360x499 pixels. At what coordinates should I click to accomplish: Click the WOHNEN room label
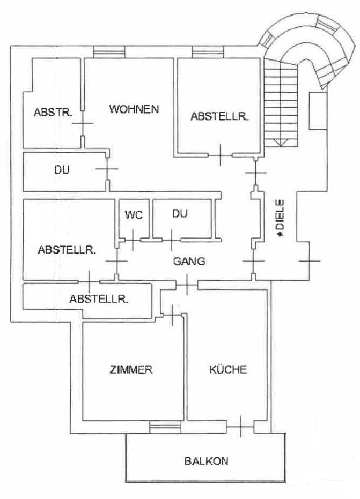134,109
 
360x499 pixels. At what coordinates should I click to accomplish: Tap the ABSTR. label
53,113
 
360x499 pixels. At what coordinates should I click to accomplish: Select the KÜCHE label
228,369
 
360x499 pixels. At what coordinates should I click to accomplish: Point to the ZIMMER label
131,369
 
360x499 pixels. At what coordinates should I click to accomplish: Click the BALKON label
207,461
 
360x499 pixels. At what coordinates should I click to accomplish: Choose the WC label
134,215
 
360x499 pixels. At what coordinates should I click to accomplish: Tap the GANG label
189,261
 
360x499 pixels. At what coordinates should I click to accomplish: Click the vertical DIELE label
280,218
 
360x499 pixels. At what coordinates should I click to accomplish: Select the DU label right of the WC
180,213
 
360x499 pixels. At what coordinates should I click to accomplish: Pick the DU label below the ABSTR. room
62,169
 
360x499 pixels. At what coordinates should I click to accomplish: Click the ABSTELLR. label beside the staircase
219,116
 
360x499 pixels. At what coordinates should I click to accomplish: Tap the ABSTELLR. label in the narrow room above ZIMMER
99,299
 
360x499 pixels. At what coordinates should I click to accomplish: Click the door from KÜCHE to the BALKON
240,426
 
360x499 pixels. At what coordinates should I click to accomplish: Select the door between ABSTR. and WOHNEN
83,123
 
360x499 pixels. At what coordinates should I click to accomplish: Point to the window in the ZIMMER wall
165,427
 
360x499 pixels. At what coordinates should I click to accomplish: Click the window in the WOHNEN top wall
109,52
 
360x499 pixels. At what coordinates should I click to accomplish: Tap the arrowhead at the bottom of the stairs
281,143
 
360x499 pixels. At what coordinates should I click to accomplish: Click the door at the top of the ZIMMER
172,315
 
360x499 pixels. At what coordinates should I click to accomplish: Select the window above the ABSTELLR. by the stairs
208,52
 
